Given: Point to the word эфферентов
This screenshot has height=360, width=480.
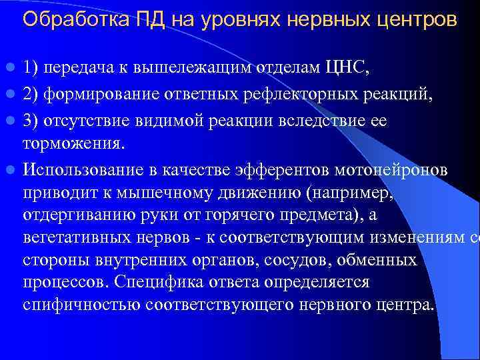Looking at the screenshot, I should click(x=289, y=169).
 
